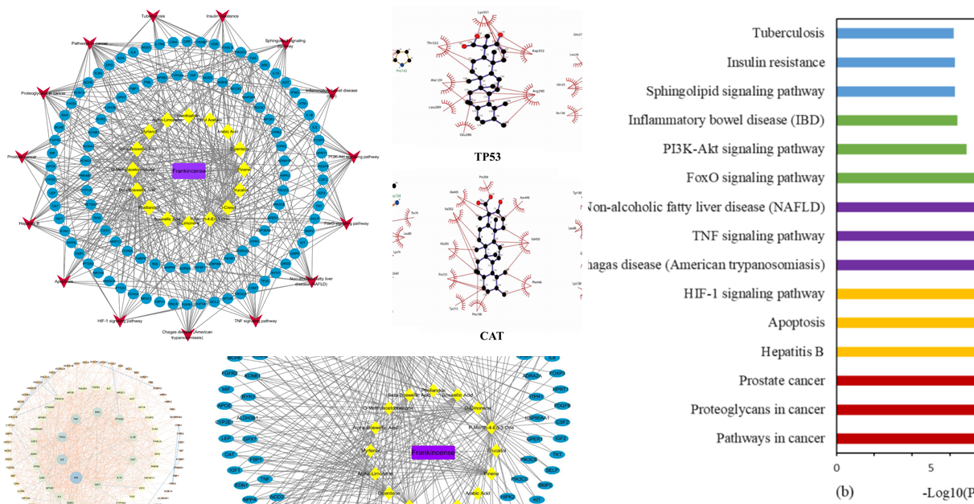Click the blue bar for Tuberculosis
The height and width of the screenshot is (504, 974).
[x=894, y=34]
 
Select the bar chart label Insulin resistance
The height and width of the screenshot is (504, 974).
[x=775, y=63]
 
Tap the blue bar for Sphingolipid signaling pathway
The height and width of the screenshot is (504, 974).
[x=895, y=92]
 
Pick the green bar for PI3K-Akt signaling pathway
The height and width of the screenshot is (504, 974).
[x=901, y=149]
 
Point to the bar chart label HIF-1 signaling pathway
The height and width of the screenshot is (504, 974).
[x=754, y=293]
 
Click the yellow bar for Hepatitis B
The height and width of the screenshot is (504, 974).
[x=905, y=351]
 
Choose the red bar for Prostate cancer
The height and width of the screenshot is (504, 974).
[x=905, y=380]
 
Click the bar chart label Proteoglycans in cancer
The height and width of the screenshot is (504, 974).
[x=757, y=409]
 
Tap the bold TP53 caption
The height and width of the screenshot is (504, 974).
[x=488, y=157]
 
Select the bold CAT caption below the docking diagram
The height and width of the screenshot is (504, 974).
[x=491, y=336]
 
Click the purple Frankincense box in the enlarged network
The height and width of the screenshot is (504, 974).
[x=433, y=453]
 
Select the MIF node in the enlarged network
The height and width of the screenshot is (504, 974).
[x=227, y=389]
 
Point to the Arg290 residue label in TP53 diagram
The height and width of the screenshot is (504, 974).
[x=537, y=92]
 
